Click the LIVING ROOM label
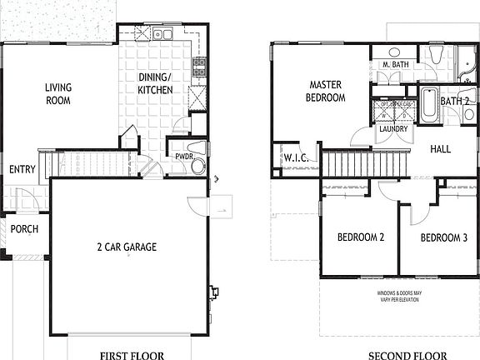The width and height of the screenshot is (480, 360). coord(57,93)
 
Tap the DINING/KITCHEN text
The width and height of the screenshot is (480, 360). coord(155,83)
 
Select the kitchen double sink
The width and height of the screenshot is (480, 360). coord(160,35)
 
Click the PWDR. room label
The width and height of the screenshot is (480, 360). coord(184,156)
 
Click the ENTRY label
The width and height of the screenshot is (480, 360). coord(22,170)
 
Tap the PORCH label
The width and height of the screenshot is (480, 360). coord(24,229)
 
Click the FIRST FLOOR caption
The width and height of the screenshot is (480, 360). coord(132,354)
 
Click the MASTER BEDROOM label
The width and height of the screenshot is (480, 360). coord(327,91)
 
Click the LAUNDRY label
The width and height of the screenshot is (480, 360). coord(392,129)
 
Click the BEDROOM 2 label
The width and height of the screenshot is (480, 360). coord(360,237)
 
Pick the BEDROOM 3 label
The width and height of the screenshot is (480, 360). coord(443,237)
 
